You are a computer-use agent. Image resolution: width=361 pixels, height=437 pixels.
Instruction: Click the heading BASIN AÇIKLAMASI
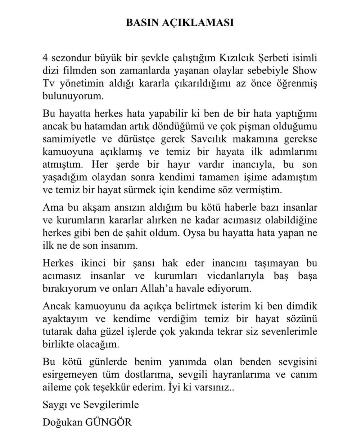(x=180, y=23)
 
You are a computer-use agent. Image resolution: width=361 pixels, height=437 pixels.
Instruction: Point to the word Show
(x=305, y=71)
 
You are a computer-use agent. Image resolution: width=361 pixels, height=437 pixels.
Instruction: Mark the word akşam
(x=91, y=208)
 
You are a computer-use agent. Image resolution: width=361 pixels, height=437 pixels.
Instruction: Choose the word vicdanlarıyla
(x=235, y=276)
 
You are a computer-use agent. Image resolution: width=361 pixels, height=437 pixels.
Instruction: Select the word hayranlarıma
(x=247, y=375)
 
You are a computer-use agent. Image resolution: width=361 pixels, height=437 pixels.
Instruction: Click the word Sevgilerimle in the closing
(x=111, y=405)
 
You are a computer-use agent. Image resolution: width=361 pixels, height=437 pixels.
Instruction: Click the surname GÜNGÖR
(x=109, y=422)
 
